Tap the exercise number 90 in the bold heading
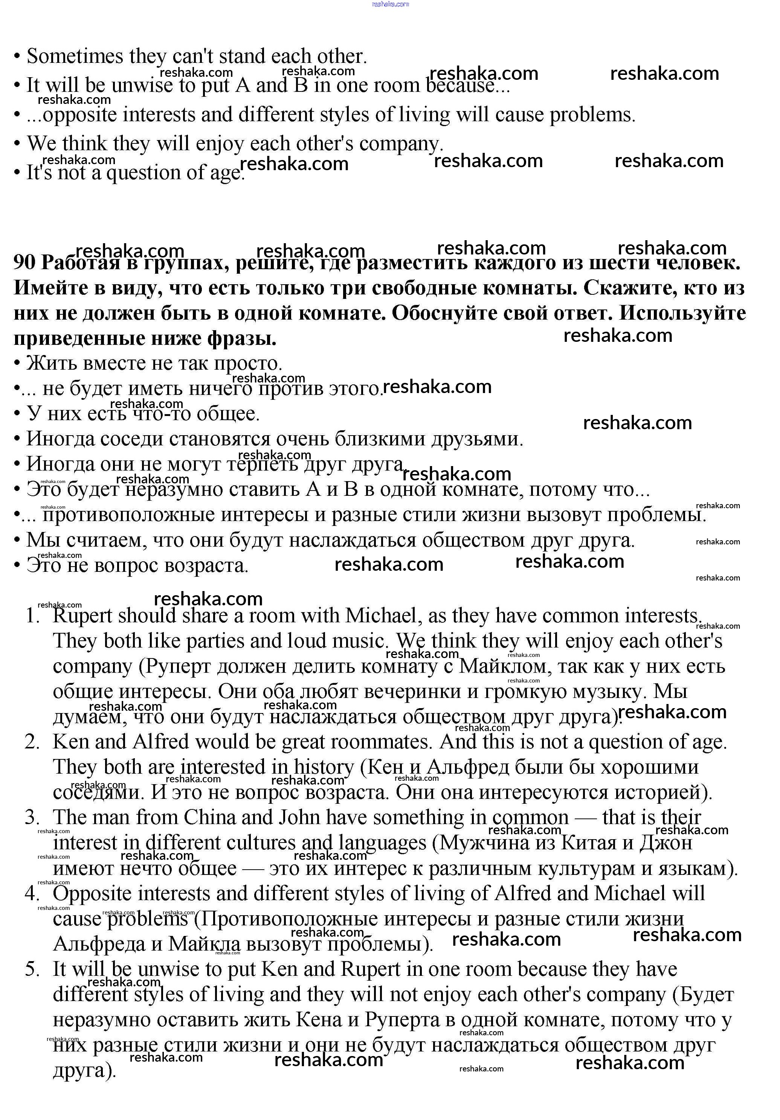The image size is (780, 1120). click(x=24, y=262)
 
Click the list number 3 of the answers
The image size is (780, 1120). click(x=32, y=818)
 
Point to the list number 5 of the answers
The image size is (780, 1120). click(x=32, y=969)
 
